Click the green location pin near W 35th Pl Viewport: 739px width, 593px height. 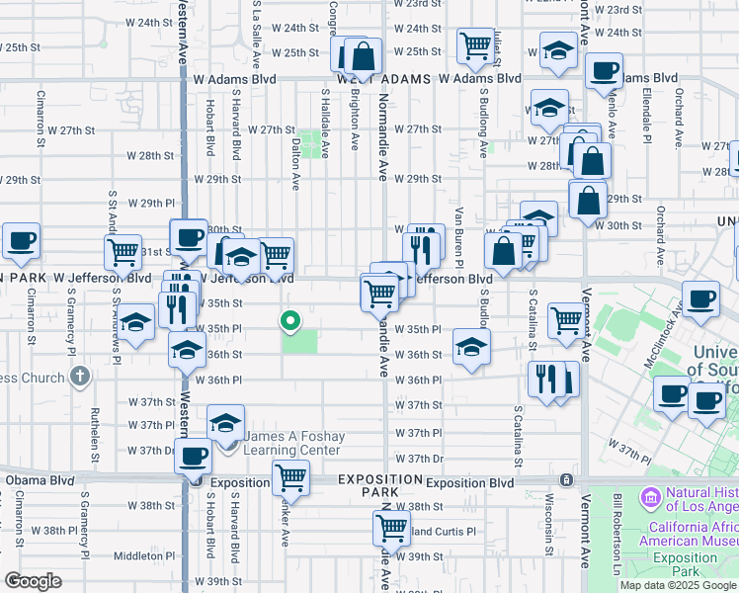pyautogui.click(x=290, y=320)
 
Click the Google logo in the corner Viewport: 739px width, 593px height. pyautogui.click(x=33, y=581)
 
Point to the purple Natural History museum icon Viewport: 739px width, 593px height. pyautogui.click(x=651, y=495)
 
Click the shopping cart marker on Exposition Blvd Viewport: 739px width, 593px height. pyautogui.click(x=290, y=478)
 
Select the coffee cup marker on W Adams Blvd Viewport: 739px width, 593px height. pyautogui.click(x=604, y=71)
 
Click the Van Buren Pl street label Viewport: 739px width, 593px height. pyautogui.click(x=458, y=238)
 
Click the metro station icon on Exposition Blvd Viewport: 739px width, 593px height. pyautogui.click(x=566, y=480)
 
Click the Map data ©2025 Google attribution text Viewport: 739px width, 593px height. pyautogui.click(x=678, y=585)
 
